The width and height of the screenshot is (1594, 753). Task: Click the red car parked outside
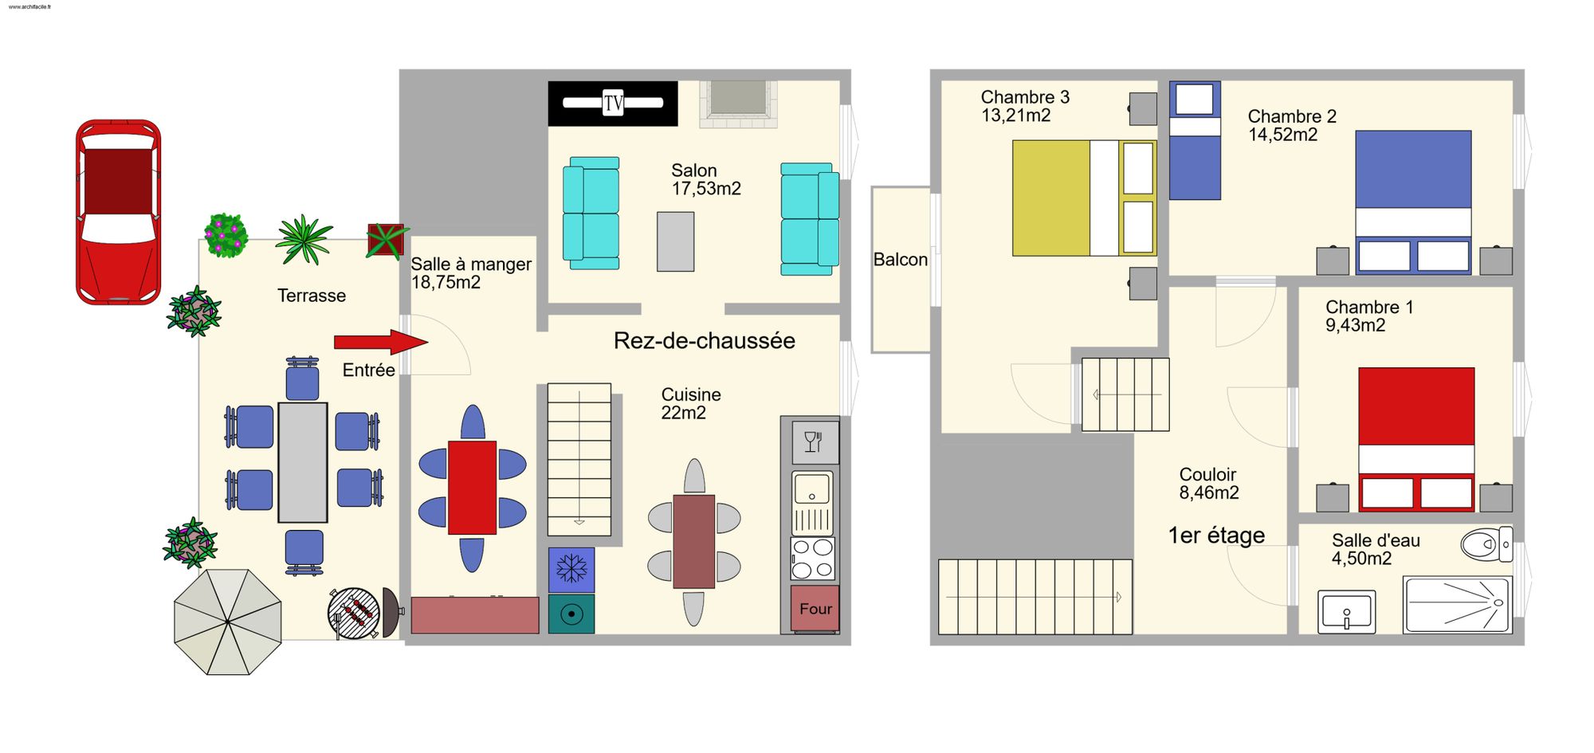118,212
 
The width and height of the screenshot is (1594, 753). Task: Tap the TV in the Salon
613,103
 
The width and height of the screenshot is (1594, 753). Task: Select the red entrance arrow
381,342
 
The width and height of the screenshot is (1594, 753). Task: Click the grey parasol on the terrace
228,622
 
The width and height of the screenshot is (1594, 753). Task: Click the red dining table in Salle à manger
473,488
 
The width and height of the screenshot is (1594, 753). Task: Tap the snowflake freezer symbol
571,570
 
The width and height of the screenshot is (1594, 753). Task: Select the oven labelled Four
815,609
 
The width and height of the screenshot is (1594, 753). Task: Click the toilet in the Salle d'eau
1486,544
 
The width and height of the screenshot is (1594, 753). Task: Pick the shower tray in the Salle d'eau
1458,606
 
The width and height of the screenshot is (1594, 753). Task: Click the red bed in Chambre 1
1416,439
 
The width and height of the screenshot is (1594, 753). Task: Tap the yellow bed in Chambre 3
1084,198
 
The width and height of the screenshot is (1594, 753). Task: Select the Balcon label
901,260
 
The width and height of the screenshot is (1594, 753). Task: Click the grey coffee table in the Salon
675,241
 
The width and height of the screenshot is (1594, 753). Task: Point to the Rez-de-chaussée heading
705,341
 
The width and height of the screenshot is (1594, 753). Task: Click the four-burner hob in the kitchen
813,558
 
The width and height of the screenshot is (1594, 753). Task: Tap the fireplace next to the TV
739,104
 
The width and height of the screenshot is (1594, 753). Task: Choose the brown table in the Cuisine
694,542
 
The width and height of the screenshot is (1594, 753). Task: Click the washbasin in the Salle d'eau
1347,612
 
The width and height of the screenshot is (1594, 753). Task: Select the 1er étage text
1216,535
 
